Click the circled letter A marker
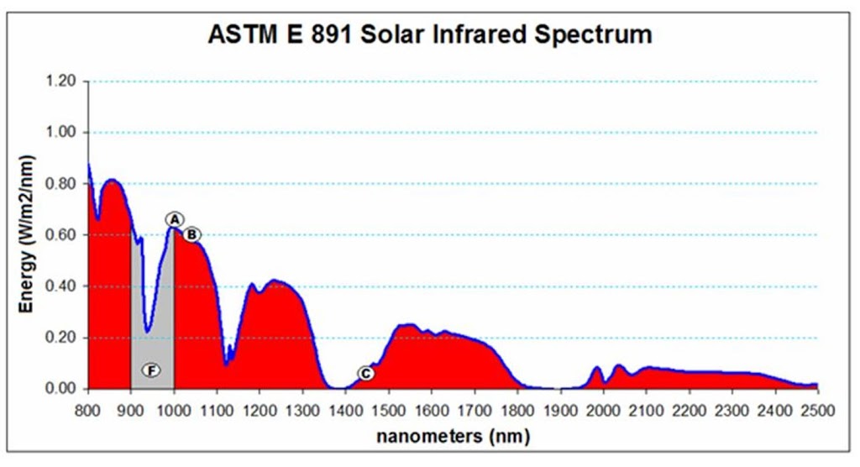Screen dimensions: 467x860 click(x=174, y=219)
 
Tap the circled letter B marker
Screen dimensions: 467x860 click(x=192, y=234)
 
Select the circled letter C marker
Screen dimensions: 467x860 click(x=365, y=374)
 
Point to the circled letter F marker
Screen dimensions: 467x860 click(x=151, y=370)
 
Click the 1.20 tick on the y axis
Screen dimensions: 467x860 click(x=61, y=81)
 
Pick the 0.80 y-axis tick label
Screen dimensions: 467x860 click(x=61, y=184)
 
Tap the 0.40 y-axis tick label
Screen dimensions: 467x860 click(x=61, y=286)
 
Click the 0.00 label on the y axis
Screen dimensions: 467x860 click(x=61, y=389)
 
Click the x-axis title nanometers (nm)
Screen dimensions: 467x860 click(x=453, y=437)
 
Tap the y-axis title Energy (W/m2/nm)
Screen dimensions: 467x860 click(x=28, y=234)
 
